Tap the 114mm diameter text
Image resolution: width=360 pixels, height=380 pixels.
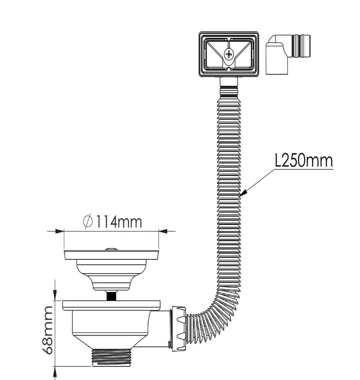tap(119, 221)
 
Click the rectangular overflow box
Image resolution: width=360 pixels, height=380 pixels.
tap(229, 54)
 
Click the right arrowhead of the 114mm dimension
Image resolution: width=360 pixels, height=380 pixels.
tap(163, 231)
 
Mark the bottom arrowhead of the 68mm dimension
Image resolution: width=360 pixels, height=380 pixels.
tap(55, 370)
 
